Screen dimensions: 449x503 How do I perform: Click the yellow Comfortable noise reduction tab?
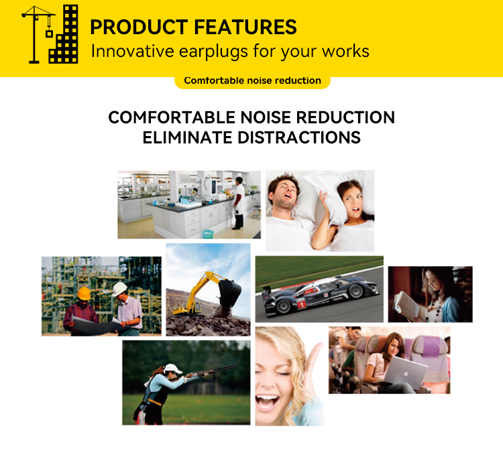tap(252, 80)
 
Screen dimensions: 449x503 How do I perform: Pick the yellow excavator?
tap(201, 293)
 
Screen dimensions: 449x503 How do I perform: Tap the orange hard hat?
tap(83, 293)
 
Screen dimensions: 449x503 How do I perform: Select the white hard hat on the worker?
tap(119, 289)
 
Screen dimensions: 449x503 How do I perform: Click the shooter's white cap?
tap(172, 369)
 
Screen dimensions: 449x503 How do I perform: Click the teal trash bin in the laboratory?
tap(208, 234)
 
